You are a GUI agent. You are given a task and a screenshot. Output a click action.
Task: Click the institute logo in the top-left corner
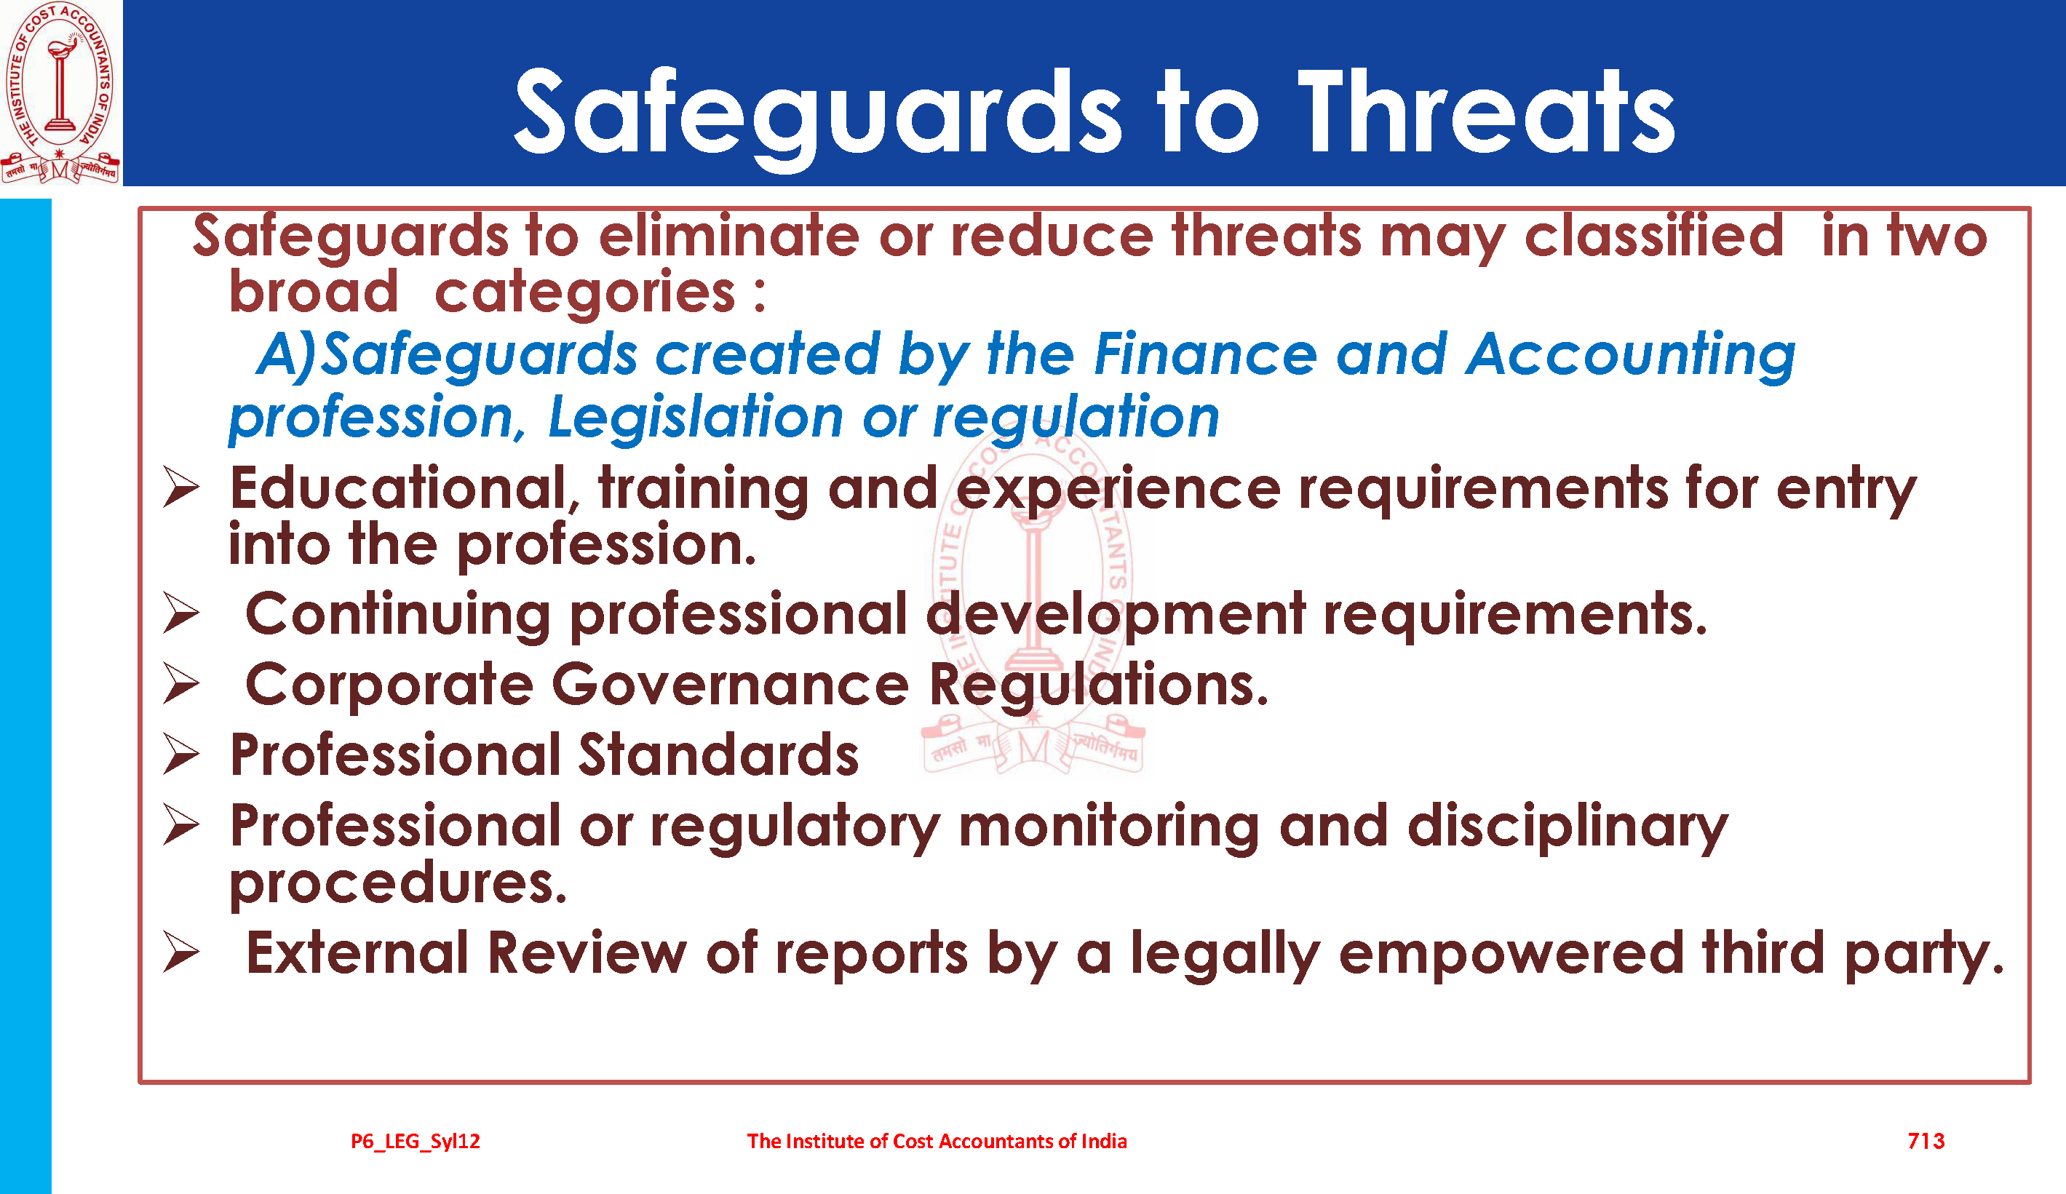point(60,92)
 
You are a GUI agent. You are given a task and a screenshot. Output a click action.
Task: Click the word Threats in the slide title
point(1485,112)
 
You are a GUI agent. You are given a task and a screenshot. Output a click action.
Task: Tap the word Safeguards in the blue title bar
point(818,116)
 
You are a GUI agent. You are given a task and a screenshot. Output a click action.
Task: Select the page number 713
point(1926,1141)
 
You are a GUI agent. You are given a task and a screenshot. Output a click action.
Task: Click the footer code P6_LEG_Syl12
point(416,1142)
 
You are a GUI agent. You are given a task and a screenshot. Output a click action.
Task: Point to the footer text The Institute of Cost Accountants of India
point(937,1141)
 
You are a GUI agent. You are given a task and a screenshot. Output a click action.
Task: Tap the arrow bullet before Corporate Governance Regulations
point(181,683)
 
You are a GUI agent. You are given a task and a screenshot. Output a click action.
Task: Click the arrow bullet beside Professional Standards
point(181,754)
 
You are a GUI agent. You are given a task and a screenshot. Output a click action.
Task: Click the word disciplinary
point(1568,828)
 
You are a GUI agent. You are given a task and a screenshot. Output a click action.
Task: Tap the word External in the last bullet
point(357,954)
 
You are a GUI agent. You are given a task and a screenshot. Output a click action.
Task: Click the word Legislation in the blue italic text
point(695,418)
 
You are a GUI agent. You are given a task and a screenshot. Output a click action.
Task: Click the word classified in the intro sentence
point(1653,236)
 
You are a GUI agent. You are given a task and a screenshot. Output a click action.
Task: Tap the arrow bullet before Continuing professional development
point(181,613)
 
